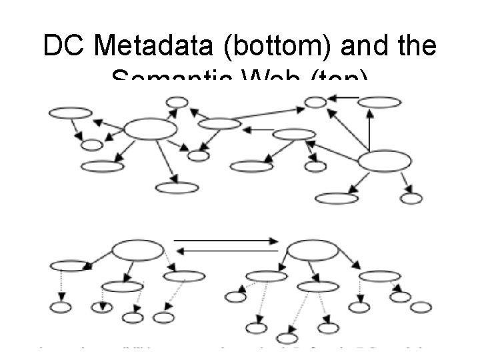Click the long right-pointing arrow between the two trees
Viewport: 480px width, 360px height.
tap(225, 239)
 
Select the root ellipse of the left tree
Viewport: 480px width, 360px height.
tap(137, 251)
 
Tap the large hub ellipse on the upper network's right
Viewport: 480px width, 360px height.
tap(385, 162)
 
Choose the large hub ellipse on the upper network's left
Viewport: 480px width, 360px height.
tap(151, 129)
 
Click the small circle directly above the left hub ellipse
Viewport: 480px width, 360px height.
tap(175, 102)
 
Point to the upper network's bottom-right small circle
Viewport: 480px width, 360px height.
tap(411, 198)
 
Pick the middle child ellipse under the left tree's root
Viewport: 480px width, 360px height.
tap(122, 287)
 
